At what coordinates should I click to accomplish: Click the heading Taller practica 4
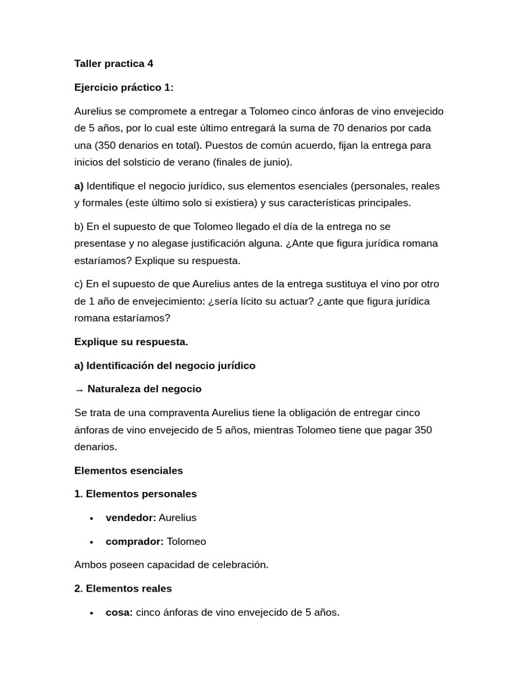(114, 64)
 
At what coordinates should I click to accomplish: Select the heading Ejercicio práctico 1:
(124, 87)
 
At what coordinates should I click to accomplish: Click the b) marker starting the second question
(80, 226)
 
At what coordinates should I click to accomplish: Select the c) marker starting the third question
(79, 284)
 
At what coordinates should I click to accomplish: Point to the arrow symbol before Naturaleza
(79, 390)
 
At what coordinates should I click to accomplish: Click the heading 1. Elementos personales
(135, 493)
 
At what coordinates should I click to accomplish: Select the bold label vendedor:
(131, 517)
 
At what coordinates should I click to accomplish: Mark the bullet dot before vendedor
(91, 518)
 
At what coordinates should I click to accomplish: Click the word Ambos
(89, 564)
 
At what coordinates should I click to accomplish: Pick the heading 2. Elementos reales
(123, 588)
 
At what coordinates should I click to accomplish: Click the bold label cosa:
(119, 612)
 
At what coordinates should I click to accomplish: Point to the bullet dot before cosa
(91, 612)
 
